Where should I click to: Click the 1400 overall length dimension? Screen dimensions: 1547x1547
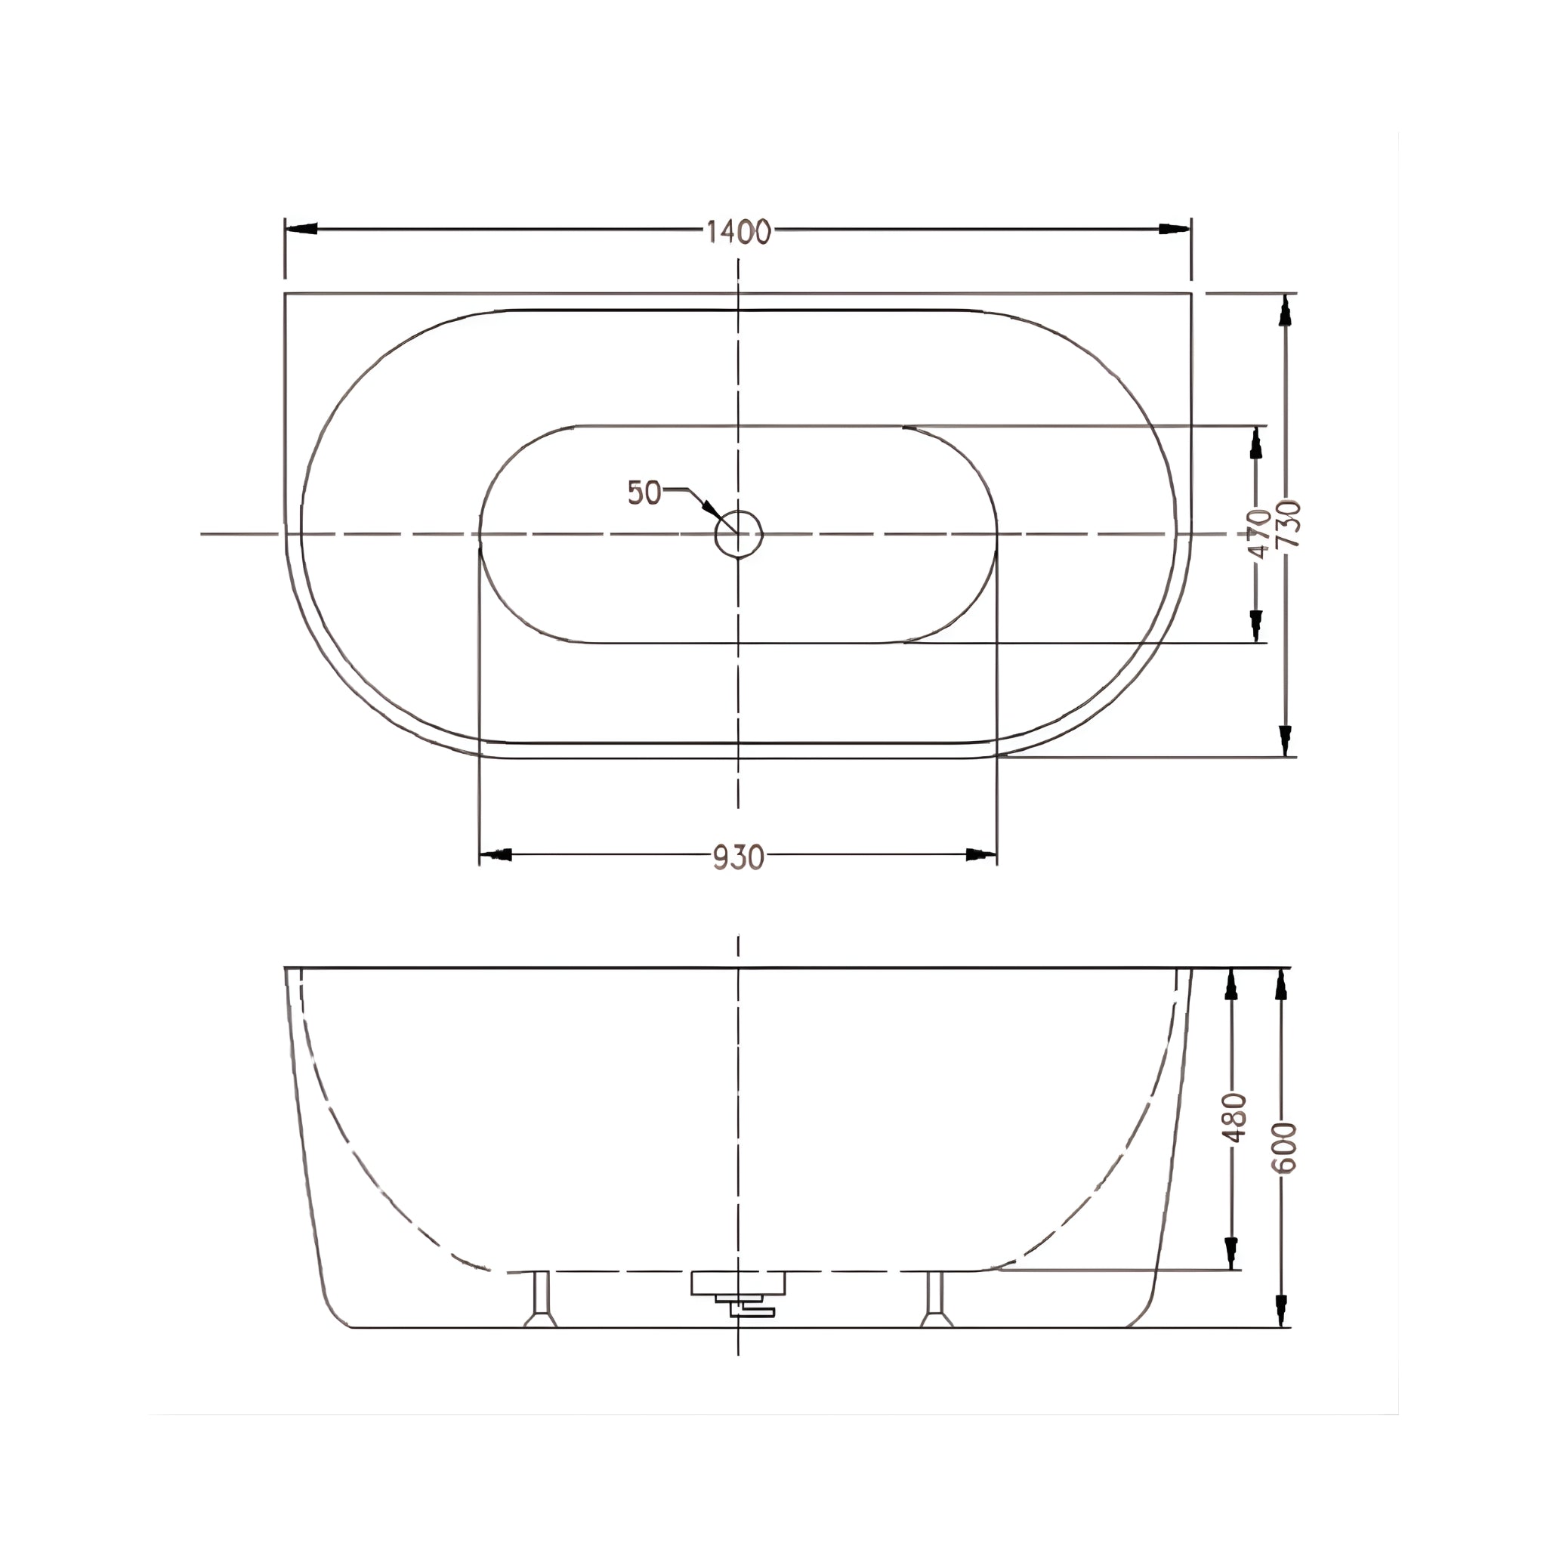(738, 231)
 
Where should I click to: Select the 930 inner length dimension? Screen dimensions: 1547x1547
(738, 857)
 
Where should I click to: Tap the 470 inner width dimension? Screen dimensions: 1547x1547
(1258, 533)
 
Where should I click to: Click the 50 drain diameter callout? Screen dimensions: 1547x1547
(644, 493)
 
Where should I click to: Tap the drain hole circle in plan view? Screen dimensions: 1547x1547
(738, 533)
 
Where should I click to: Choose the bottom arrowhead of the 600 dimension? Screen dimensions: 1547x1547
(1281, 1310)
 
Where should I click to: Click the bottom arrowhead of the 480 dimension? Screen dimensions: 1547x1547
(1231, 1252)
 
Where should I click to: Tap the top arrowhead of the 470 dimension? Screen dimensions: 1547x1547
(1255, 443)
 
